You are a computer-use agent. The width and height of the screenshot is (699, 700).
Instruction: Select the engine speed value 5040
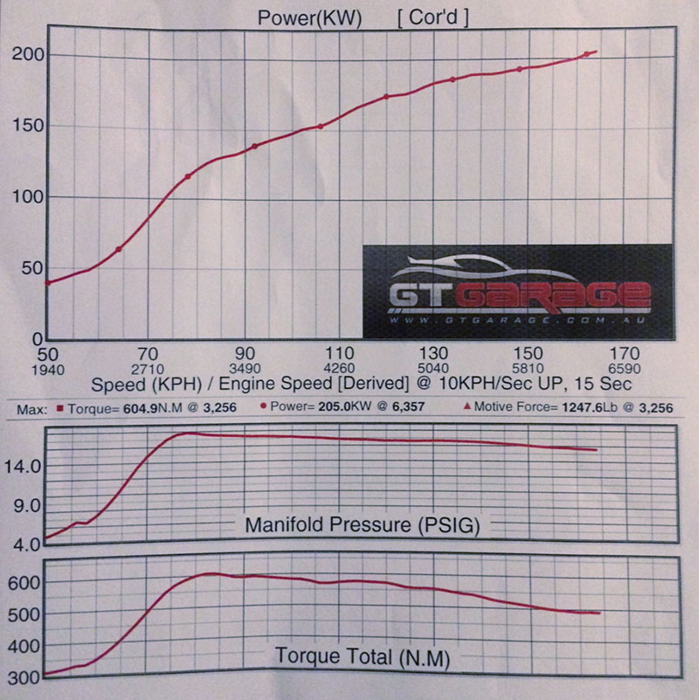[x=433, y=368]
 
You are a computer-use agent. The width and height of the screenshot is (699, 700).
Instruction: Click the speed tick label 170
[x=624, y=353]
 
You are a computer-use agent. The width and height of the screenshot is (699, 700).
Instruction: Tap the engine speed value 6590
[x=624, y=368]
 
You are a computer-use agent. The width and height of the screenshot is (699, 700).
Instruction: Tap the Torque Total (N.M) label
[x=362, y=655]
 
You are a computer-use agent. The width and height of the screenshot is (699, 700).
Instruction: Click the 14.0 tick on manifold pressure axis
[x=24, y=468]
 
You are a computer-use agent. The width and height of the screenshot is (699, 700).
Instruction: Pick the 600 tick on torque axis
[x=24, y=582]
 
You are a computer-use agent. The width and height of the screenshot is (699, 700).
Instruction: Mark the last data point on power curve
[x=587, y=55]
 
